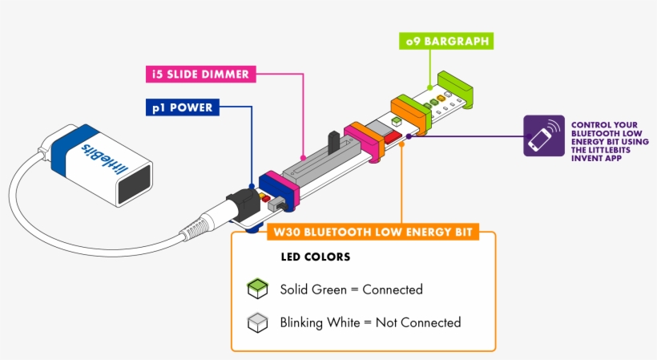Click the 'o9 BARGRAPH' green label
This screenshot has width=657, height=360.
click(445, 39)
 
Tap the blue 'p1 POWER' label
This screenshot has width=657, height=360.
click(183, 107)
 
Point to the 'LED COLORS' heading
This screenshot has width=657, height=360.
click(315, 258)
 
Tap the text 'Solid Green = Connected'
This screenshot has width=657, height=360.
click(351, 289)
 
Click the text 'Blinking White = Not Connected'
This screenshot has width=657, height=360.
click(370, 323)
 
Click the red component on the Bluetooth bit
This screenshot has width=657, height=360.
click(390, 139)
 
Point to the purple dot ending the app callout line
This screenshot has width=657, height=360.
click(409, 136)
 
